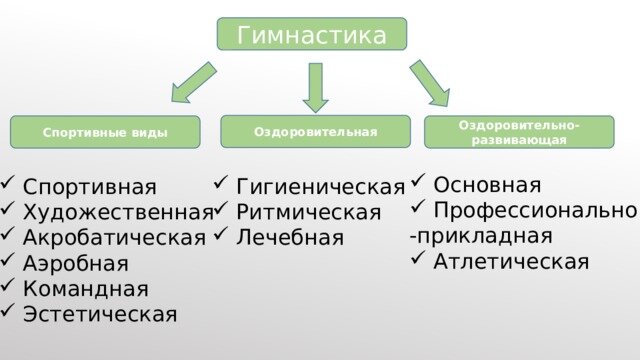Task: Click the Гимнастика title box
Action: point(312,35)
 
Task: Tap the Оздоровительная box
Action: point(316,131)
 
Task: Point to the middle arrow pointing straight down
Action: point(316,87)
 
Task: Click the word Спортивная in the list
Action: point(90,186)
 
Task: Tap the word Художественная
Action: point(117,211)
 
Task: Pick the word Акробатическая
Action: point(114,237)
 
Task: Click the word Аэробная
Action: point(76,263)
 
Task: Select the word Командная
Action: point(86,289)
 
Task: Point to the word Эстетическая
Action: point(100,315)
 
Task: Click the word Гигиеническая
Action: point(320,186)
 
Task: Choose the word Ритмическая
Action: point(308,212)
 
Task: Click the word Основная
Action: point(488,185)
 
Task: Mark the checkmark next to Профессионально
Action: point(418,211)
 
